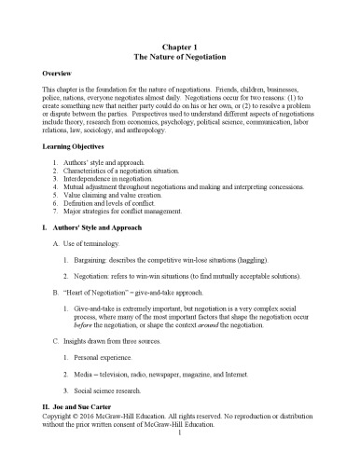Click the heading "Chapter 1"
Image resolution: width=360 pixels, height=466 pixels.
[180, 45]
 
